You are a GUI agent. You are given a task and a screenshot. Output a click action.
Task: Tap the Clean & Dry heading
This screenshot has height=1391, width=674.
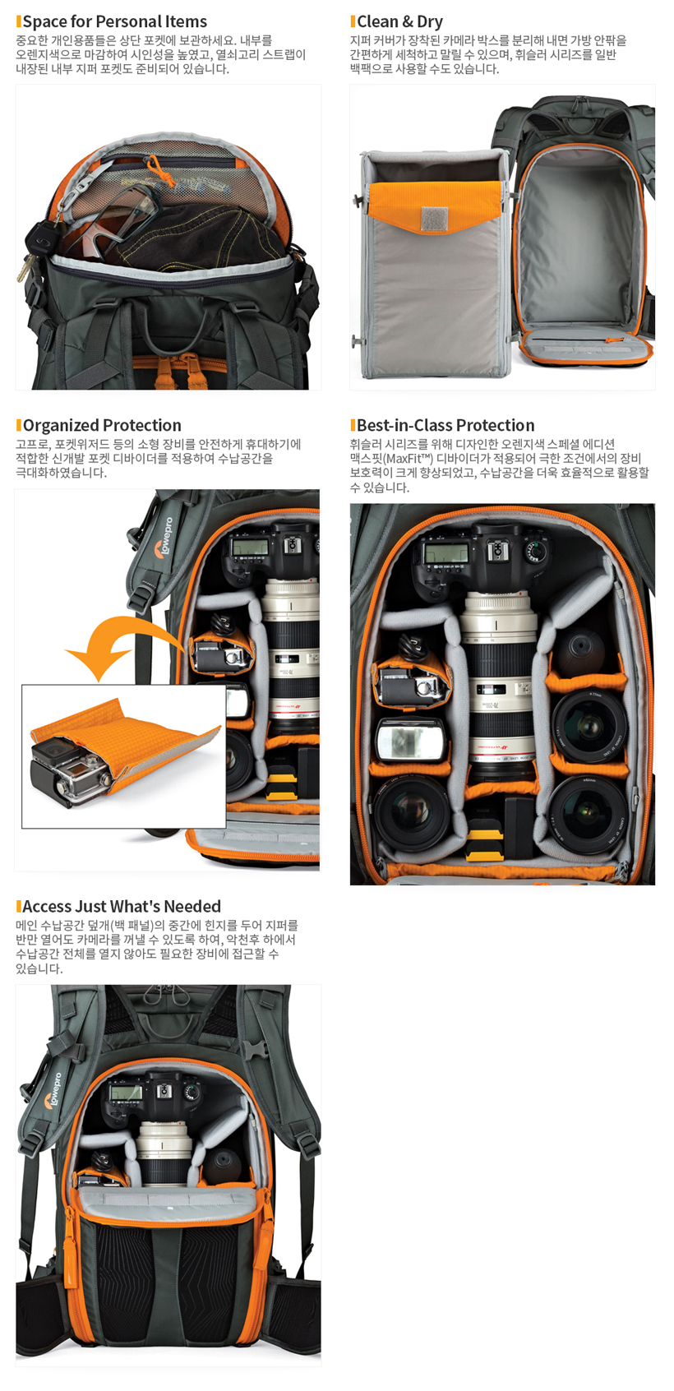coord(399,21)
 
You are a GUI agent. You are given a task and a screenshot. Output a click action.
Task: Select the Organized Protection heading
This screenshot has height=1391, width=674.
coord(102,425)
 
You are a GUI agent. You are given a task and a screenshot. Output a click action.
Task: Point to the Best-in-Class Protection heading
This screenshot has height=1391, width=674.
coord(445,425)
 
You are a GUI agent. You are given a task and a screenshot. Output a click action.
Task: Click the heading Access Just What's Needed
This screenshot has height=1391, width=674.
coord(122,907)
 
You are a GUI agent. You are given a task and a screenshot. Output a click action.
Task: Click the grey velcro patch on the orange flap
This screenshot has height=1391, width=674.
coord(435,219)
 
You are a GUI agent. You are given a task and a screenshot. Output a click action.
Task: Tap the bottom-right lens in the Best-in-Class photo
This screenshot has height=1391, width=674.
coord(587,814)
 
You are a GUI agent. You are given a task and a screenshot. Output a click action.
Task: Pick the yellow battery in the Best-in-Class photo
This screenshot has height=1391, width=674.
coord(485,842)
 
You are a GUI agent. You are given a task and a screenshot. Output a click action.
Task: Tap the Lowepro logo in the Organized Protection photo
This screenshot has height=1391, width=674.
coord(165,537)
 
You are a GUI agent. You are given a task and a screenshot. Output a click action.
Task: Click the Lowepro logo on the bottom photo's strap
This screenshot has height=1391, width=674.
coord(54,1090)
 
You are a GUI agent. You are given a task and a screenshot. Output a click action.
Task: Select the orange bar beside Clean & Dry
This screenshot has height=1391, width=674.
coord(353,21)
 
